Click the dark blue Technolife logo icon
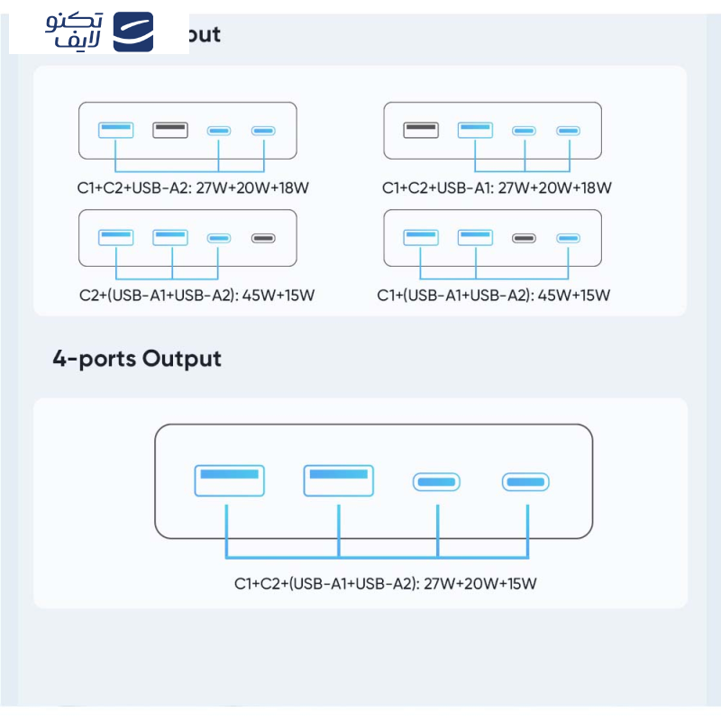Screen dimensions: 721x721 click(x=133, y=32)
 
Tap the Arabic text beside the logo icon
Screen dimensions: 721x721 click(x=75, y=32)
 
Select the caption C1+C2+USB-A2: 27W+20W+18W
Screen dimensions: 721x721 click(x=193, y=188)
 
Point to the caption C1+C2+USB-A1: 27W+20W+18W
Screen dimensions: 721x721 click(x=497, y=188)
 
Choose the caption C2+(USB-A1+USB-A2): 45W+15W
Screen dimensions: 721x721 click(x=196, y=295)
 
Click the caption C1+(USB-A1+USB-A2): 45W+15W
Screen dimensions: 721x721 click(x=494, y=295)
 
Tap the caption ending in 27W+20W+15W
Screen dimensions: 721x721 click(x=386, y=583)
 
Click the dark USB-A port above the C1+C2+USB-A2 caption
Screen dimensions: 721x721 click(x=170, y=131)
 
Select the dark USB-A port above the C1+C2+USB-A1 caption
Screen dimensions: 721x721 click(x=421, y=131)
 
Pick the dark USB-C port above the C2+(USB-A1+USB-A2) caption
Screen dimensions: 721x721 click(x=263, y=238)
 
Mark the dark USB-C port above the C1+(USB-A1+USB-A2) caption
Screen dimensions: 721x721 click(x=524, y=238)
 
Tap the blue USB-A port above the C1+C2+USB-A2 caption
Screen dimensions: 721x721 click(x=116, y=131)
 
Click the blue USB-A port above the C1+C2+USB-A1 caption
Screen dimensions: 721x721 click(x=475, y=131)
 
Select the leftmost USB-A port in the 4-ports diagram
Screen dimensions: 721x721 click(x=229, y=479)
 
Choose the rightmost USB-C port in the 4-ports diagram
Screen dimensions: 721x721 click(x=526, y=482)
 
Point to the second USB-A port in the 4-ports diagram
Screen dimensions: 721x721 click(x=338, y=479)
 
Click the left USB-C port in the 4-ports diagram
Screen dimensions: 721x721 click(x=437, y=482)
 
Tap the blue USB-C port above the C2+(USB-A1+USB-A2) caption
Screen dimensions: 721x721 click(x=218, y=238)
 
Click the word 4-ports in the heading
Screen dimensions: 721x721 click(x=93, y=358)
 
